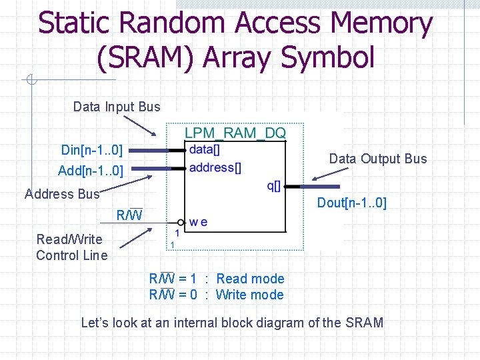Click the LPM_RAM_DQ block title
[235, 133]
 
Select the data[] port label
[205, 150]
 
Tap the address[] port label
[215, 167]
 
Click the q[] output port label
[274, 186]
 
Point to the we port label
[198, 222]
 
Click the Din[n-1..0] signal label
[91, 150]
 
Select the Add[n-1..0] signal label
[91, 171]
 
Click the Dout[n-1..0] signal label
[351, 203]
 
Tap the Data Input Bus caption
[117, 107]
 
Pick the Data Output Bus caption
[377, 159]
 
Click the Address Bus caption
[61, 194]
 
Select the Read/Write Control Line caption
[71, 247]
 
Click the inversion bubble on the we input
[181, 222]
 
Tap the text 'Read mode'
[250, 279]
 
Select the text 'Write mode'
[250, 295]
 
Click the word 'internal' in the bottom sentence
[195, 323]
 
